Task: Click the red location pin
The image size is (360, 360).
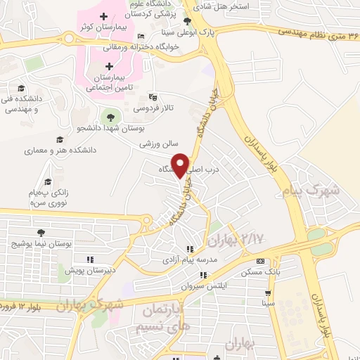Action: (x=181, y=165)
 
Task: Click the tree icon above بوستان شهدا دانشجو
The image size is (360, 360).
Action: (x=110, y=116)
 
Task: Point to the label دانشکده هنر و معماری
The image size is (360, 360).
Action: (x=60, y=150)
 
